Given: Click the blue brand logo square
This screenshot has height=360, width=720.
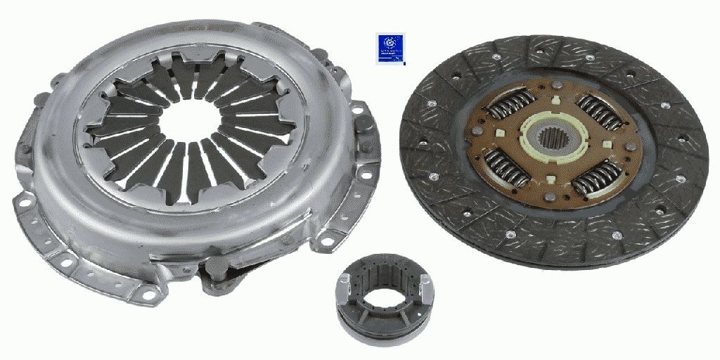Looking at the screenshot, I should [x=387, y=49].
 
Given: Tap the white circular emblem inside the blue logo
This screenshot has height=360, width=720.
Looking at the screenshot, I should [x=387, y=44].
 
